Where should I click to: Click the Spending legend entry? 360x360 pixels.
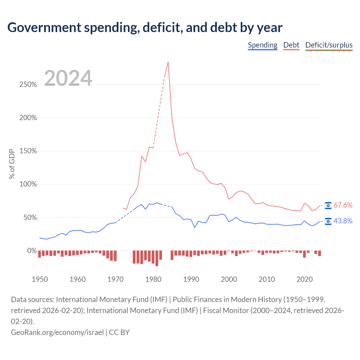pos(262,45)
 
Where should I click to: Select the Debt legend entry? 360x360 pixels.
pos(291,45)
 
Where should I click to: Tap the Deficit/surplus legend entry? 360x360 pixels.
pos(329,45)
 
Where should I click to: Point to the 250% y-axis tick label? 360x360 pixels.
pos(28,85)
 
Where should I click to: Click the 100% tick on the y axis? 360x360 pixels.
pos(28,184)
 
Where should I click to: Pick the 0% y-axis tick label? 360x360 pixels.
pos(32,251)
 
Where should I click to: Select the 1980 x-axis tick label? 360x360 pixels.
pos(153,279)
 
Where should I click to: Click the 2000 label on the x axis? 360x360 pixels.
pos(229,279)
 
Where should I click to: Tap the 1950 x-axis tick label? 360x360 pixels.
pos(40,279)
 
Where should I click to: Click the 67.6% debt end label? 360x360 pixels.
pos(343,205)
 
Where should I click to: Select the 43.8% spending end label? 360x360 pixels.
pos(343,221)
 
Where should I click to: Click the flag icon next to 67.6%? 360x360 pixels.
pos(328,206)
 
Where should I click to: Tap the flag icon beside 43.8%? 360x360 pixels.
pos(328,221)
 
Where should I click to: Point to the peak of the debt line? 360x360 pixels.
pos(168,62)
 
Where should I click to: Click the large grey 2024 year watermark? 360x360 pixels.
pos(68,78)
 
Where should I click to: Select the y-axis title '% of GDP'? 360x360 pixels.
pos(12,164)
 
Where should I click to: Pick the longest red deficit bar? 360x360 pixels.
pos(157,258)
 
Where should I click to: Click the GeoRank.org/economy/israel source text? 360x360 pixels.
pos(57,332)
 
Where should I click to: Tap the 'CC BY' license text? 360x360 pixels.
pos(119,332)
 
